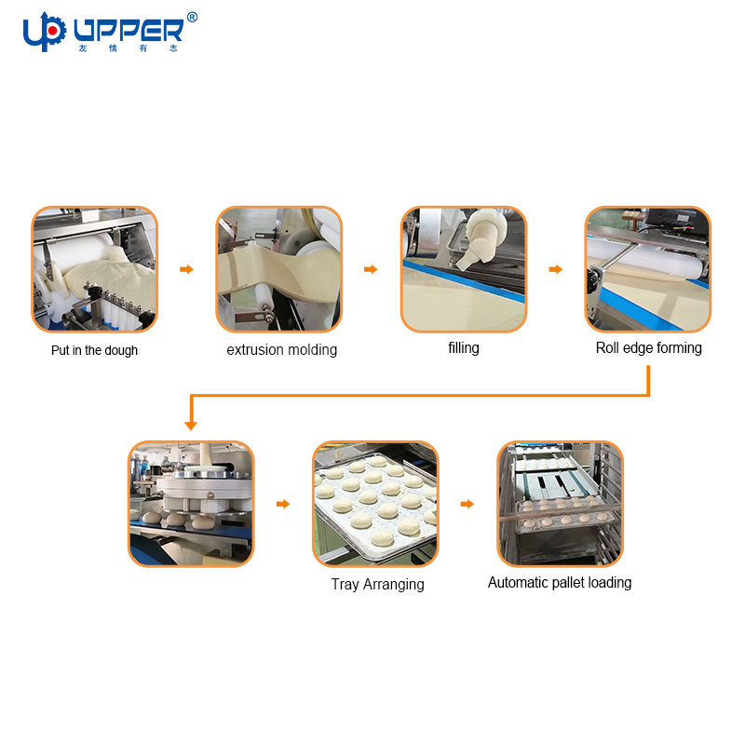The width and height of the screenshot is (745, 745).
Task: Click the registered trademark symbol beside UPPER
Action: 192,18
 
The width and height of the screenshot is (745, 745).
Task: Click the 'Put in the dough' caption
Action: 95,351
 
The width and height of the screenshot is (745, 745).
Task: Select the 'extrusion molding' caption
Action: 282,350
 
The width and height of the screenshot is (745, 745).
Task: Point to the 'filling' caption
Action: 464,347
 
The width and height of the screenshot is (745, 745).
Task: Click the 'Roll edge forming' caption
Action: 648,347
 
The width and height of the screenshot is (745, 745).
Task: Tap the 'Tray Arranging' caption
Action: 378,585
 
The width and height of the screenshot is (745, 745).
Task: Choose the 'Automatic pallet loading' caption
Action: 560,583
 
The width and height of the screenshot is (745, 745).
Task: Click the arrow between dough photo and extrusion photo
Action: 187,269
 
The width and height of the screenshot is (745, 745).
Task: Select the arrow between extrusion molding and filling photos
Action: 371,269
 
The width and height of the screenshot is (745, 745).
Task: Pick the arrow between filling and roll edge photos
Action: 556,269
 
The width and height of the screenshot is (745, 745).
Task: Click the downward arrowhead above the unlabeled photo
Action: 191,425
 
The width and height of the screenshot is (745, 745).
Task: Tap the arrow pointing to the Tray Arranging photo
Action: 283,504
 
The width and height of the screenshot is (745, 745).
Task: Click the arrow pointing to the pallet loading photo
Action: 467,504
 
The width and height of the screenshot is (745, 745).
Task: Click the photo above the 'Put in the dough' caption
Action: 95,269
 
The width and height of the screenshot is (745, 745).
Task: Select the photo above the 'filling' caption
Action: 464,269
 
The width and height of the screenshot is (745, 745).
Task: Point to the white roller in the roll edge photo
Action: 646,259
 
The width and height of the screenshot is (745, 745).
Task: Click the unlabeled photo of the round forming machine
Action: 191,504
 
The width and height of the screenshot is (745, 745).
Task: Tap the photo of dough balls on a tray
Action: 375,504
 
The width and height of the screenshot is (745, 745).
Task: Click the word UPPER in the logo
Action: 129,31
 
